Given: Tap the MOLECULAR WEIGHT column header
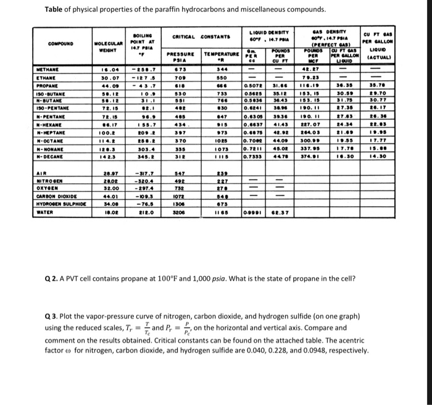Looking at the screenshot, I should (x=109, y=46).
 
